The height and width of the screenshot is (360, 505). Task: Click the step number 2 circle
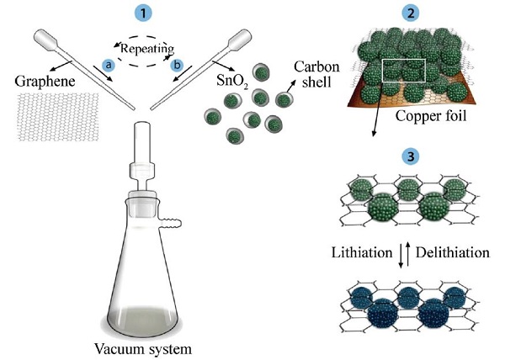coord(411,14)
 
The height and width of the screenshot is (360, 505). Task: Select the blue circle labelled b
coord(176,64)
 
